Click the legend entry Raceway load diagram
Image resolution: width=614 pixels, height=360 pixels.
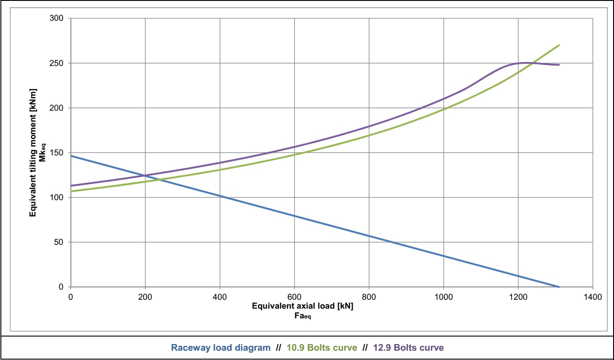pos(221,348)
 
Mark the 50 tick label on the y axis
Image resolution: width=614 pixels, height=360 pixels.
pos(60,242)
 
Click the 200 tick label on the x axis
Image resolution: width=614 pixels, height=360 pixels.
pos(145,297)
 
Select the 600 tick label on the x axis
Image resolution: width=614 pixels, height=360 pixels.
pos(294,297)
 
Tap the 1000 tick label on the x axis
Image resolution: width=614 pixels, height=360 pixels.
pos(443,297)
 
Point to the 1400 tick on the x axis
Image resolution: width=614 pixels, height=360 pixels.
pos(593,297)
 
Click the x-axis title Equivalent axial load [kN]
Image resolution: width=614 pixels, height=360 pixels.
pos(303,306)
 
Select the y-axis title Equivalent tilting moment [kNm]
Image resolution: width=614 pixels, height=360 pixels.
pos(33,153)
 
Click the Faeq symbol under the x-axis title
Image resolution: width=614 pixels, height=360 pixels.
pos(302,317)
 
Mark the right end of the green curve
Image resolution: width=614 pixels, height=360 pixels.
pos(560,45)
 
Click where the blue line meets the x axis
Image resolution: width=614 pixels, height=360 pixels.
pos(559,287)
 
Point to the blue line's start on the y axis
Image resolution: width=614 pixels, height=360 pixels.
pos(70,156)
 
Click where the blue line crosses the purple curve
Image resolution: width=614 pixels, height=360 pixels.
pos(144,175)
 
